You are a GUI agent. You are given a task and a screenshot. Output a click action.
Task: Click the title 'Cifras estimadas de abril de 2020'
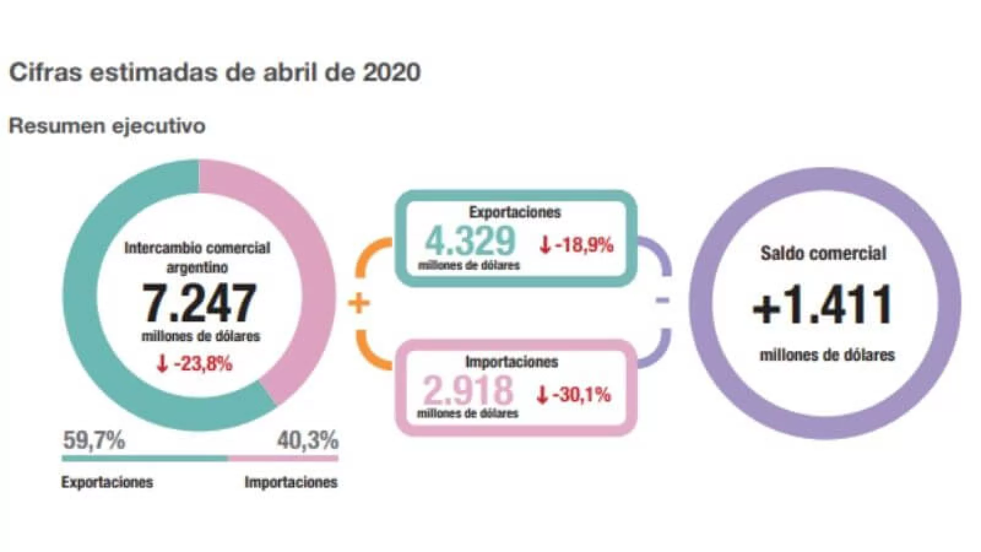pos(215,72)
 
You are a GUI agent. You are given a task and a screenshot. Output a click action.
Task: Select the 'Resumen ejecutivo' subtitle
pos(107,126)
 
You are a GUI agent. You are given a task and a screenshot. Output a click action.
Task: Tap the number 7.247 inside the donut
pos(199,303)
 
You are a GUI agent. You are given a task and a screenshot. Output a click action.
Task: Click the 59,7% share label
pos(94,440)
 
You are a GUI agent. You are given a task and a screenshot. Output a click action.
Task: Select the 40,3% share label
pos(307,440)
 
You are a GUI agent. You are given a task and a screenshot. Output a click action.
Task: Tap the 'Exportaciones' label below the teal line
pos(107,482)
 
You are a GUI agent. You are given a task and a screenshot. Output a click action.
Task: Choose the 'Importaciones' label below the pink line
pos(291,482)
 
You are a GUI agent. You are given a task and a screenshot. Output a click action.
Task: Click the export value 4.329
pos(470,240)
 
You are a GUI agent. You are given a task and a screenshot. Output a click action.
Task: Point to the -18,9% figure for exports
pos(576,245)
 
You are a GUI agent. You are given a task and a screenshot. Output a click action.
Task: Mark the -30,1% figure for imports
pos(574,394)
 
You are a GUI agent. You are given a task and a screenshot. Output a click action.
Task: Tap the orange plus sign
pos(359,303)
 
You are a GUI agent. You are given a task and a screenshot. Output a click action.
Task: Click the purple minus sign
pos(662,301)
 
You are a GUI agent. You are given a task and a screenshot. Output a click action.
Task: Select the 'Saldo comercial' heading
pos(823,253)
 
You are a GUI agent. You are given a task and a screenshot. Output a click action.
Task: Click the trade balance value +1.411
pos(823,305)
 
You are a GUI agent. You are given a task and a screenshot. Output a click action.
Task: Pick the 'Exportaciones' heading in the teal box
pos(515,212)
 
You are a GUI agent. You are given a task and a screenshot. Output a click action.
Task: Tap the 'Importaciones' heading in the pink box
pos(512,361)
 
